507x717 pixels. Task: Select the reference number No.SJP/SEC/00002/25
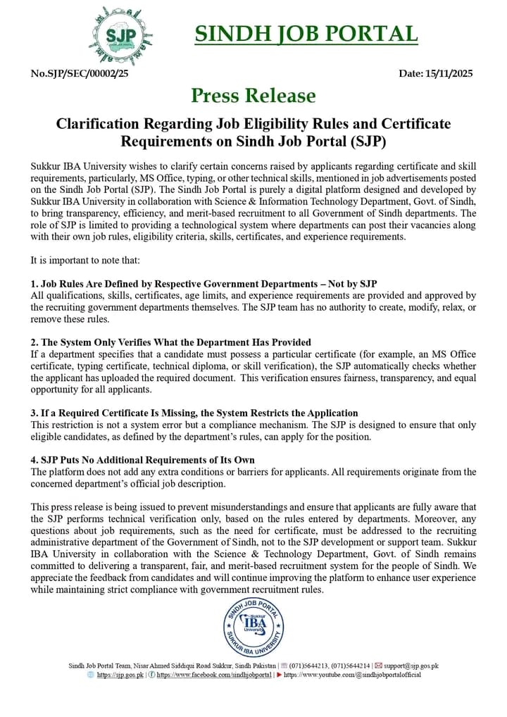click(x=80, y=73)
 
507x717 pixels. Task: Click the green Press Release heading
click(x=253, y=95)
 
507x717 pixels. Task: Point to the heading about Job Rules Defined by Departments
click(x=204, y=284)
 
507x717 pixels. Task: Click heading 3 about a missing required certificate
click(x=194, y=413)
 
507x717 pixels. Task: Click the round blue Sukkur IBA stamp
click(x=254, y=626)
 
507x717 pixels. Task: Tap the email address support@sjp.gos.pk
click(x=411, y=666)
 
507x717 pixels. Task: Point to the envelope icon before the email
click(x=378, y=666)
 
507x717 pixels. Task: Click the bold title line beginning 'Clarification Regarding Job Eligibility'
click(x=253, y=124)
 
